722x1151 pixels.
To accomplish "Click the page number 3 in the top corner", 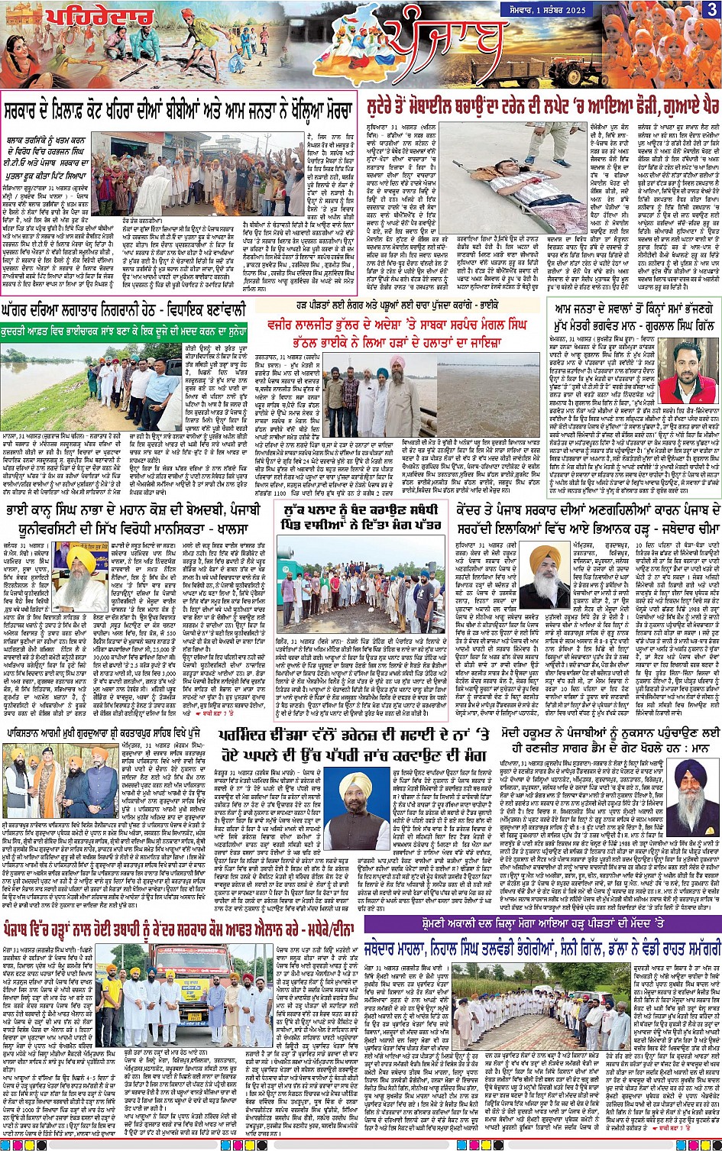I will (x=711, y=10).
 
